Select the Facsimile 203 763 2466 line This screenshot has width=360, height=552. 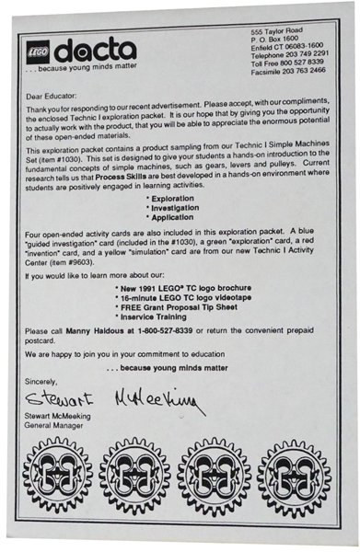pos(290,69)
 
